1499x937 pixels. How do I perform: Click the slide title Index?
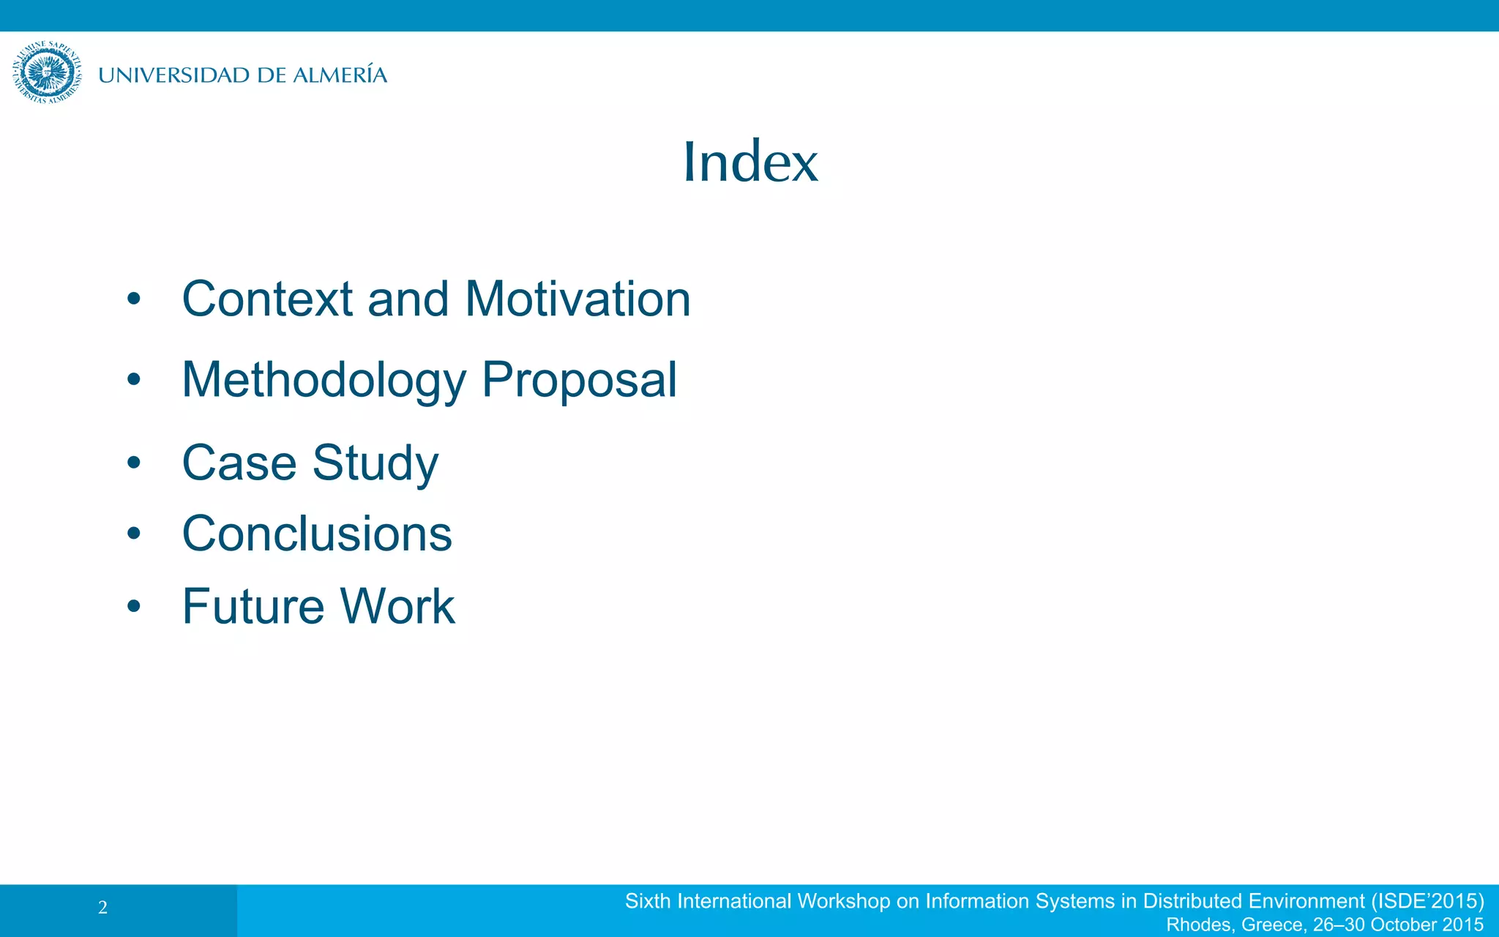click(x=750, y=162)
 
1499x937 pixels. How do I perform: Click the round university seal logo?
click(x=47, y=72)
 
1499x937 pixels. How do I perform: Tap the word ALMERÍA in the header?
click(x=340, y=75)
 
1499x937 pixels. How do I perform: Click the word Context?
click(x=267, y=299)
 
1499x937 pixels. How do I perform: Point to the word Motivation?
click(x=577, y=299)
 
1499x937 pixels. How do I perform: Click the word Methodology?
click(x=324, y=381)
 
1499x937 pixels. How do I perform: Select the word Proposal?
click(x=579, y=381)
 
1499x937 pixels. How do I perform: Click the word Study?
click(x=375, y=463)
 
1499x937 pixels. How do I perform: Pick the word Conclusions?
click(x=317, y=534)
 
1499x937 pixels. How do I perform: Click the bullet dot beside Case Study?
click(x=133, y=463)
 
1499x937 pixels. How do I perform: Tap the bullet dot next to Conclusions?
click(x=133, y=534)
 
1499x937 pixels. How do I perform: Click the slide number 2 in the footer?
click(x=102, y=908)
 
